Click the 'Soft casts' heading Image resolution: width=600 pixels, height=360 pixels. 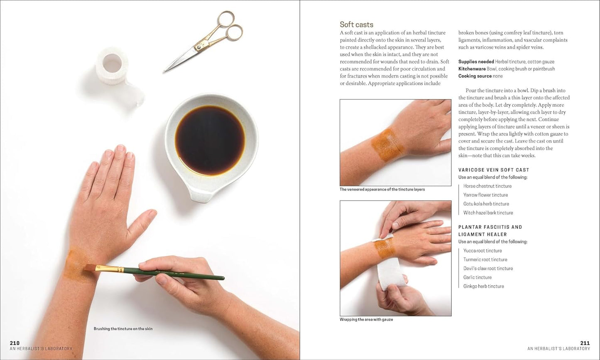[x=356, y=24]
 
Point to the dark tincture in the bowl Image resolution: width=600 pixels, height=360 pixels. [x=210, y=140]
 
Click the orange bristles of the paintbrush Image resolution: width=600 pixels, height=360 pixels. [x=90, y=267]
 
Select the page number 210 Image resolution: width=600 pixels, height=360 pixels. [x=15, y=343]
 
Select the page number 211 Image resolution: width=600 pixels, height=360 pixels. [x=585, y=343]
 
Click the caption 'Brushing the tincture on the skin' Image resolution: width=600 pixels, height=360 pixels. [x=123, y=329]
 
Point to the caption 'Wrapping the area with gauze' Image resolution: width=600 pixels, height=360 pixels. [x=366, y=319]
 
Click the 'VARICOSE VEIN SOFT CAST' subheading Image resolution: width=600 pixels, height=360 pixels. [x=494, y=170]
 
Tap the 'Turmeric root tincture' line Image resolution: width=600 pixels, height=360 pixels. [x=485, y=259]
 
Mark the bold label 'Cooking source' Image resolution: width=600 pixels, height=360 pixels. [x=475, y=76]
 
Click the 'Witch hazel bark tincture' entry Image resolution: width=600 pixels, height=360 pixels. [x=488, y=213]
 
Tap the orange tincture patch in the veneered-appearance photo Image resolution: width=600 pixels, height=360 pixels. [x=387, y=145]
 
